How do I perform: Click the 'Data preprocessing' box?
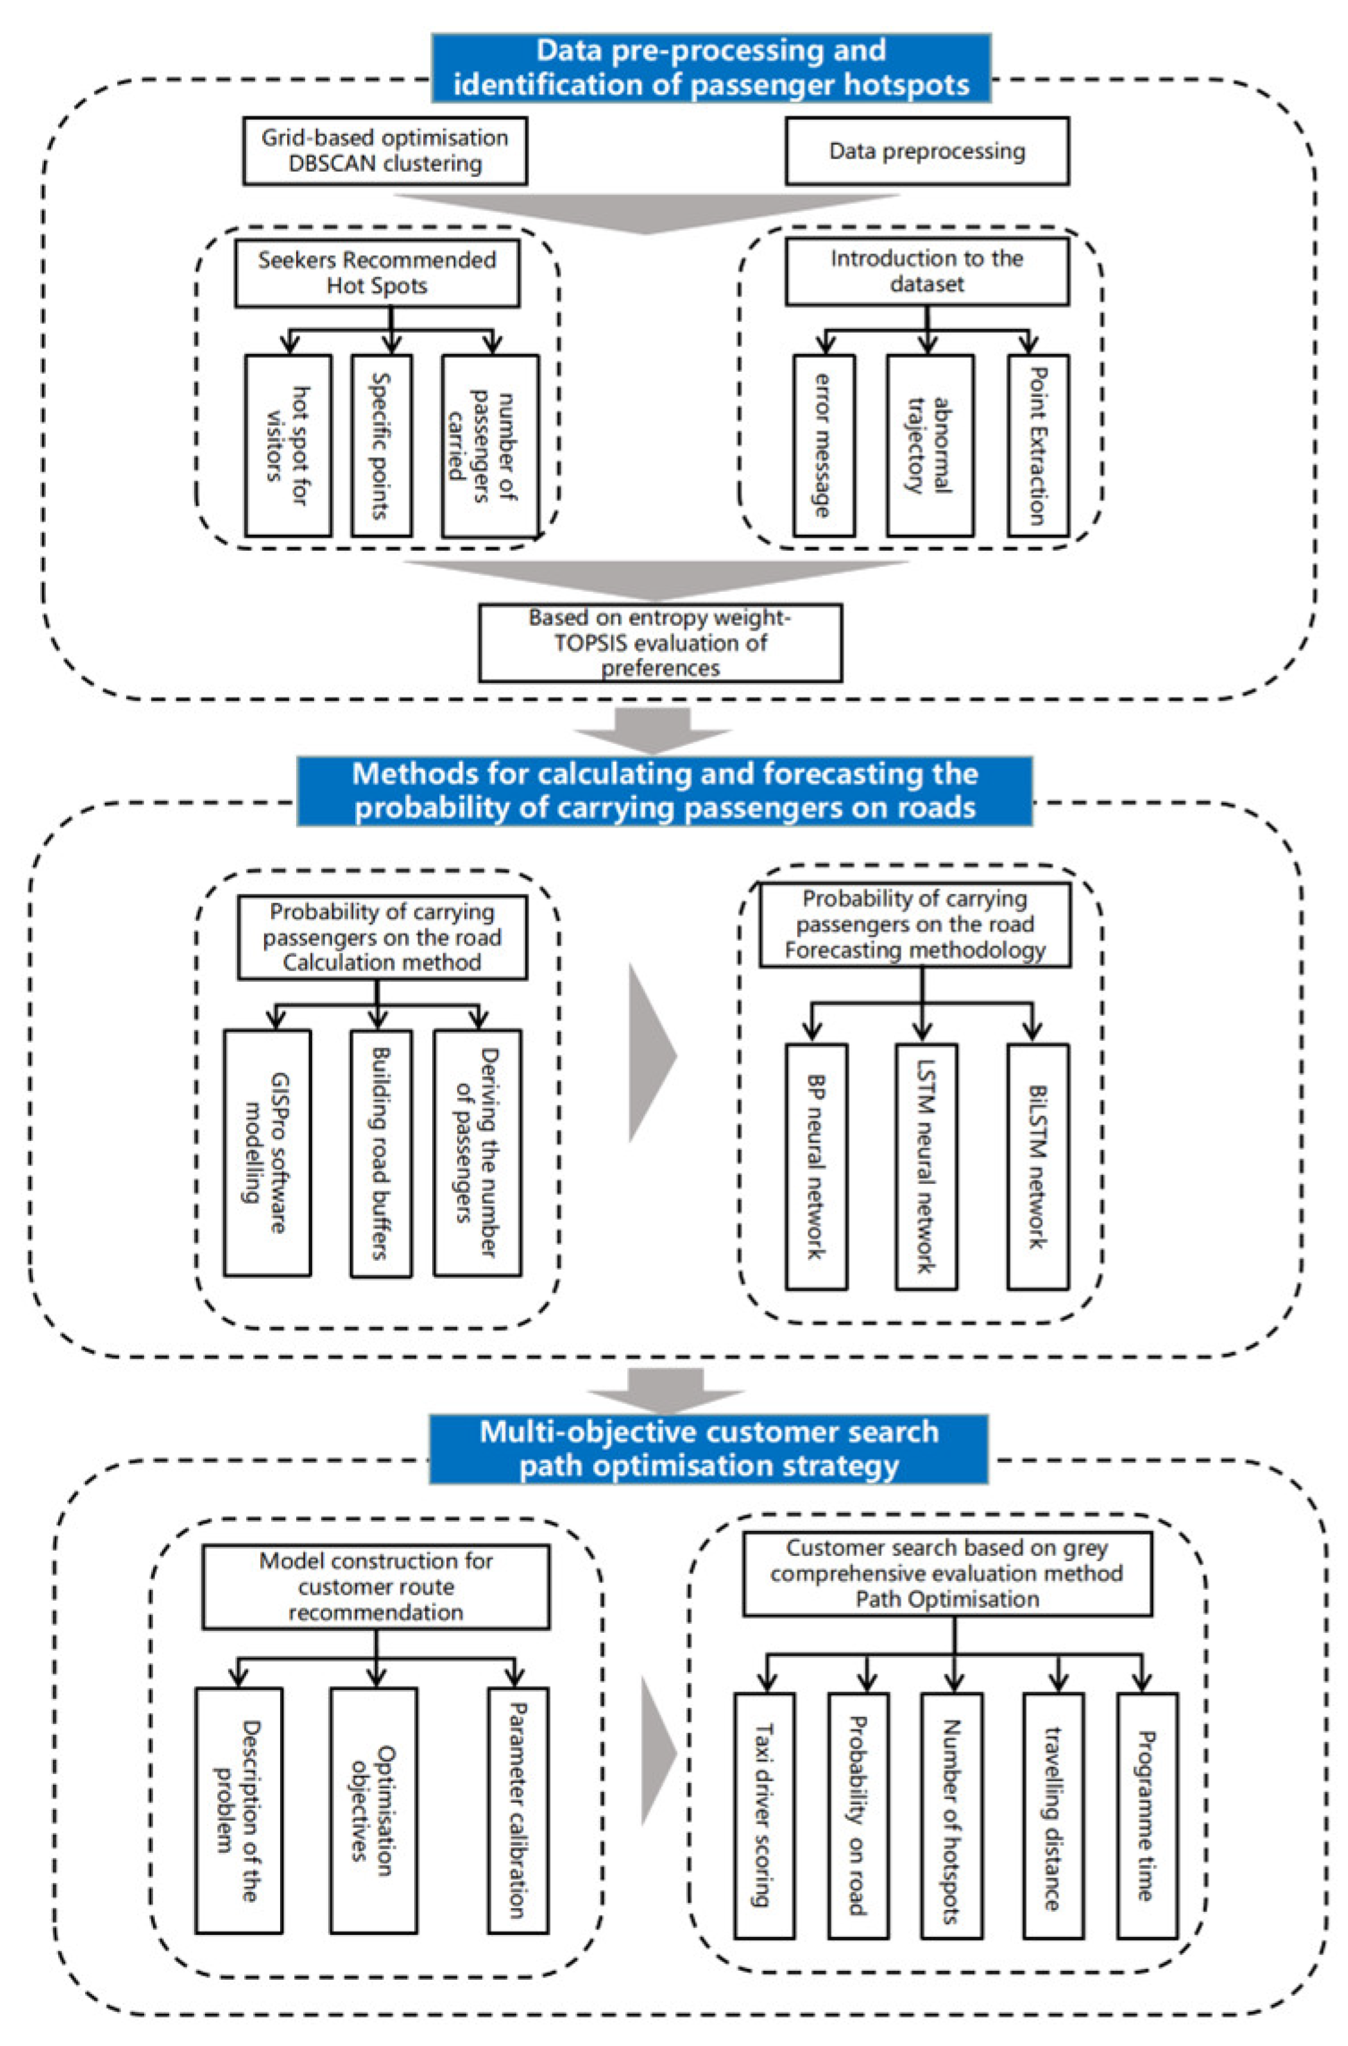click(927, 151)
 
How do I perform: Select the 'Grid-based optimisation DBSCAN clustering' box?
click(385, 151)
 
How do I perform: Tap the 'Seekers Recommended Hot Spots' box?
click(377, 273)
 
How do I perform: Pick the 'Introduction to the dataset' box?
click(927, 271)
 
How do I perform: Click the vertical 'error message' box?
click(824, 445)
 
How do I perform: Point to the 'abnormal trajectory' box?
click(929, 445)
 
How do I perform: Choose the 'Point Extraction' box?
click(1037, 445)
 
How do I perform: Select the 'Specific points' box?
click(381, 445)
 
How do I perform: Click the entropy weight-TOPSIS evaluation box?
click(660, 643)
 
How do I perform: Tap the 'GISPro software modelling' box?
click(267, 1152)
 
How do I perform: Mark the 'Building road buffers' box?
click(381, 1152)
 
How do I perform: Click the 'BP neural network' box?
click(816, 1166)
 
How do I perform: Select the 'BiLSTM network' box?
click(1037, 1166)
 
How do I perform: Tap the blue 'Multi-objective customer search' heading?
click(708, 1449)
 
